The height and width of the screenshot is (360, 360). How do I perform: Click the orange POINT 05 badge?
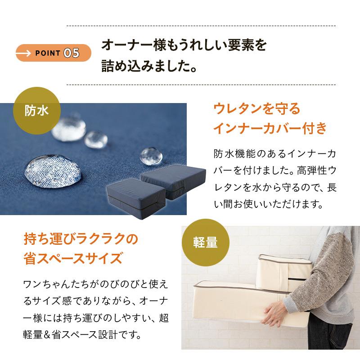[x=54, y=53]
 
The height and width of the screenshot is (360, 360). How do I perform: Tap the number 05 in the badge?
[x=72, y=53]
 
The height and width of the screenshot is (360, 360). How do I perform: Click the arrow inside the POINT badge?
[x=25, y=53]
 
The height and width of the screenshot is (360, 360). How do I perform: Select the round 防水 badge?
[x=37, y=110]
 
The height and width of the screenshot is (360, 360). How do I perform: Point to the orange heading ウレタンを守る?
[x=256, y=109]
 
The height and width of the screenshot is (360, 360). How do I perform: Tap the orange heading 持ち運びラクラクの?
[x=80, y=239]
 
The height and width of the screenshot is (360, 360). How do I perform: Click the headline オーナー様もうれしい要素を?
[x=184, y=45]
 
